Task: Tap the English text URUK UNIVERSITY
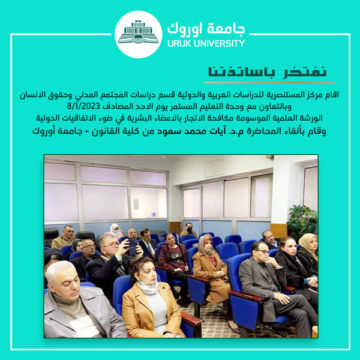pyautogui.click(x=206, y=43)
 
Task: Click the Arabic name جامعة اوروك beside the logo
pyautogui.click(x=206, y=29)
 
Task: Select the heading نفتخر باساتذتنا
pyautogui.click(x=267, y=72)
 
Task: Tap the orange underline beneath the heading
pyautogui.click(x=269, y=82)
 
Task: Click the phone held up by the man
pyautogui.click(x=133, y=247)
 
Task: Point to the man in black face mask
pyautogui.click(x=189, y=230)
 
